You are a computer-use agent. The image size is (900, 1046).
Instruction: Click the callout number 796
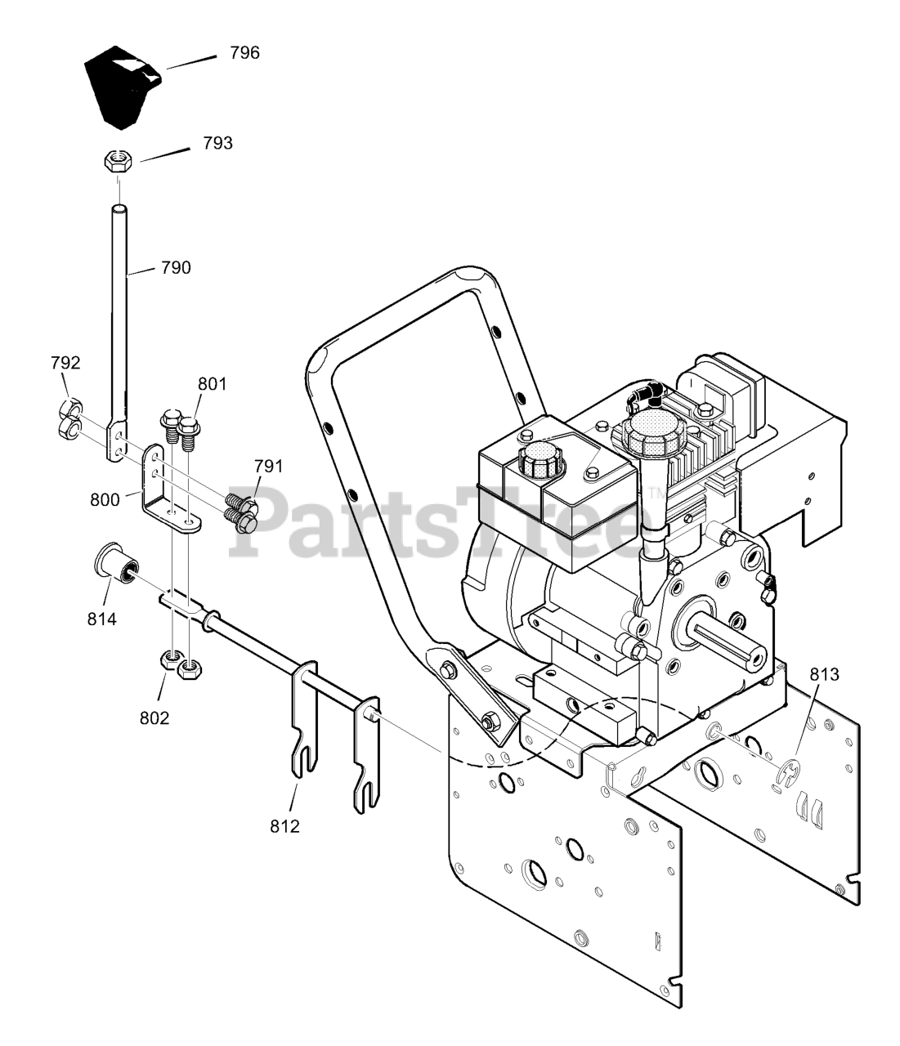(x=244, y=53)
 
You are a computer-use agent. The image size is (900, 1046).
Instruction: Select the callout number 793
(x=217, y=143)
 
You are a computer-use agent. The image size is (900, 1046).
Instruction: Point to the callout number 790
(x=176, y=267)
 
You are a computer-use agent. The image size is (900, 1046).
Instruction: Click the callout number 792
(x=65, y=363)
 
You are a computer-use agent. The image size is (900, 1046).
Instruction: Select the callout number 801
(x=212, y=383)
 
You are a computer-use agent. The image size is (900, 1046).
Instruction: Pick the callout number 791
(x=268, y=467)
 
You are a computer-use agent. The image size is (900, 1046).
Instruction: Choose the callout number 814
(x=102, y=619)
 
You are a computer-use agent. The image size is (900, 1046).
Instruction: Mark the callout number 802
(x=154, y=717)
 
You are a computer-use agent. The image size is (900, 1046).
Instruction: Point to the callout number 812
(x=284, y=825)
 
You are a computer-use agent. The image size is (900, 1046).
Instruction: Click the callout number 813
(x=825, y=674)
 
